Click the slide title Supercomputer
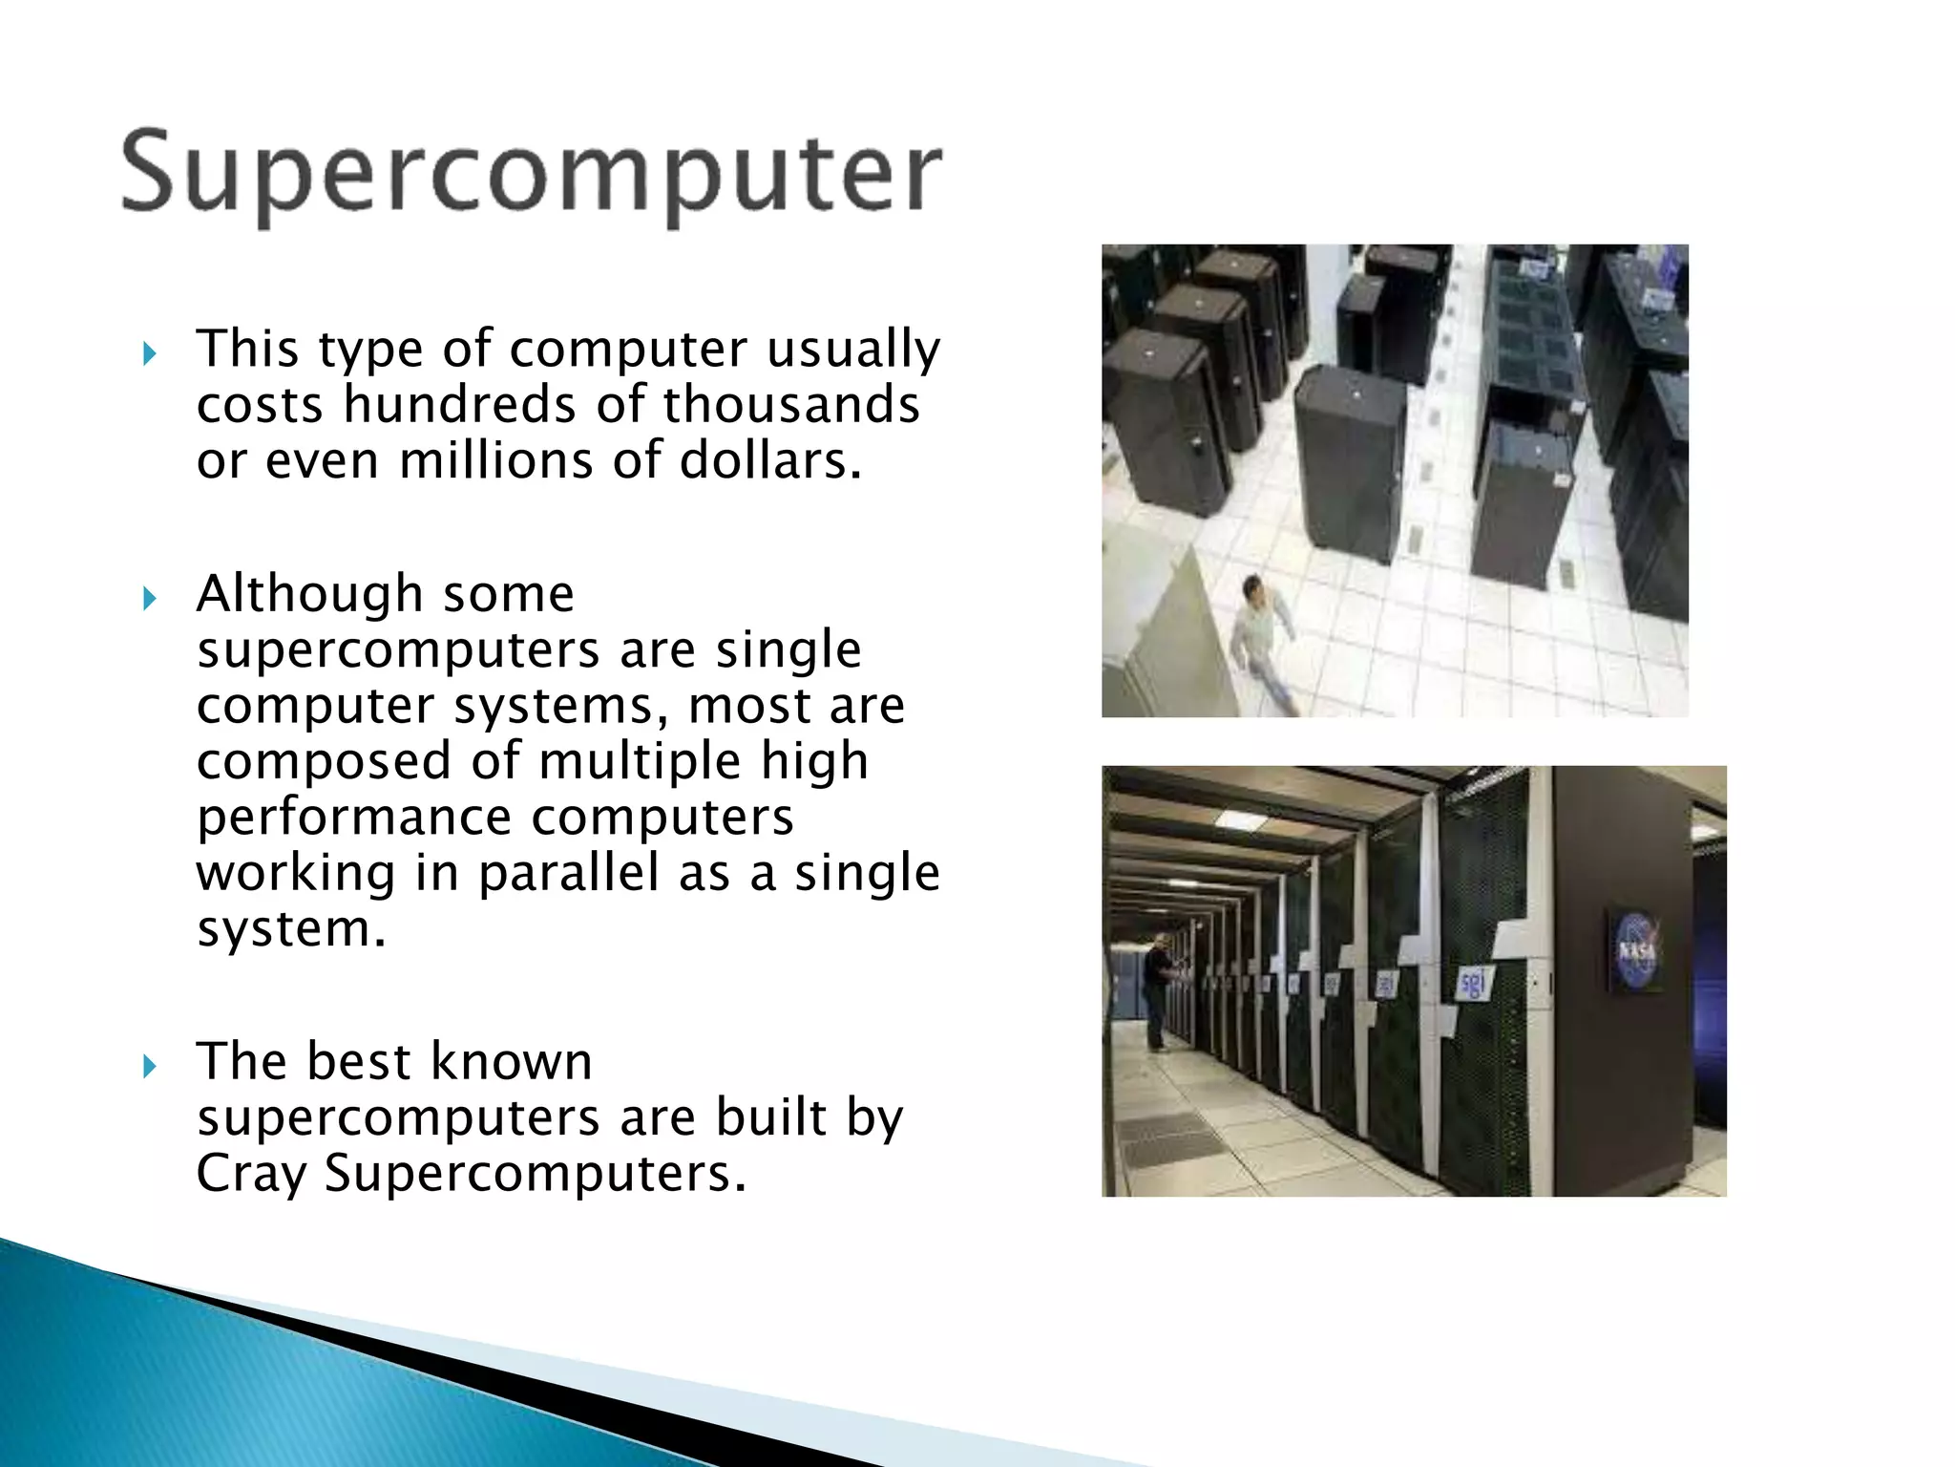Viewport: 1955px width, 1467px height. point(532,174)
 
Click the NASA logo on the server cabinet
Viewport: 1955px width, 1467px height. point(1636,951)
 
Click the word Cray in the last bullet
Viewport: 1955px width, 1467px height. point(252,1174)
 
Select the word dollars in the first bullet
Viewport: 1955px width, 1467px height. point(769,461)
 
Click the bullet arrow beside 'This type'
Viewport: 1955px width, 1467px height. point(149,354)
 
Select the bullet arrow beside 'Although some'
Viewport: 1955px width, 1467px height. point(149,599)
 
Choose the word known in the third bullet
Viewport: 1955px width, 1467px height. point(512,1061)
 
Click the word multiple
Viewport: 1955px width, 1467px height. point(640,761)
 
